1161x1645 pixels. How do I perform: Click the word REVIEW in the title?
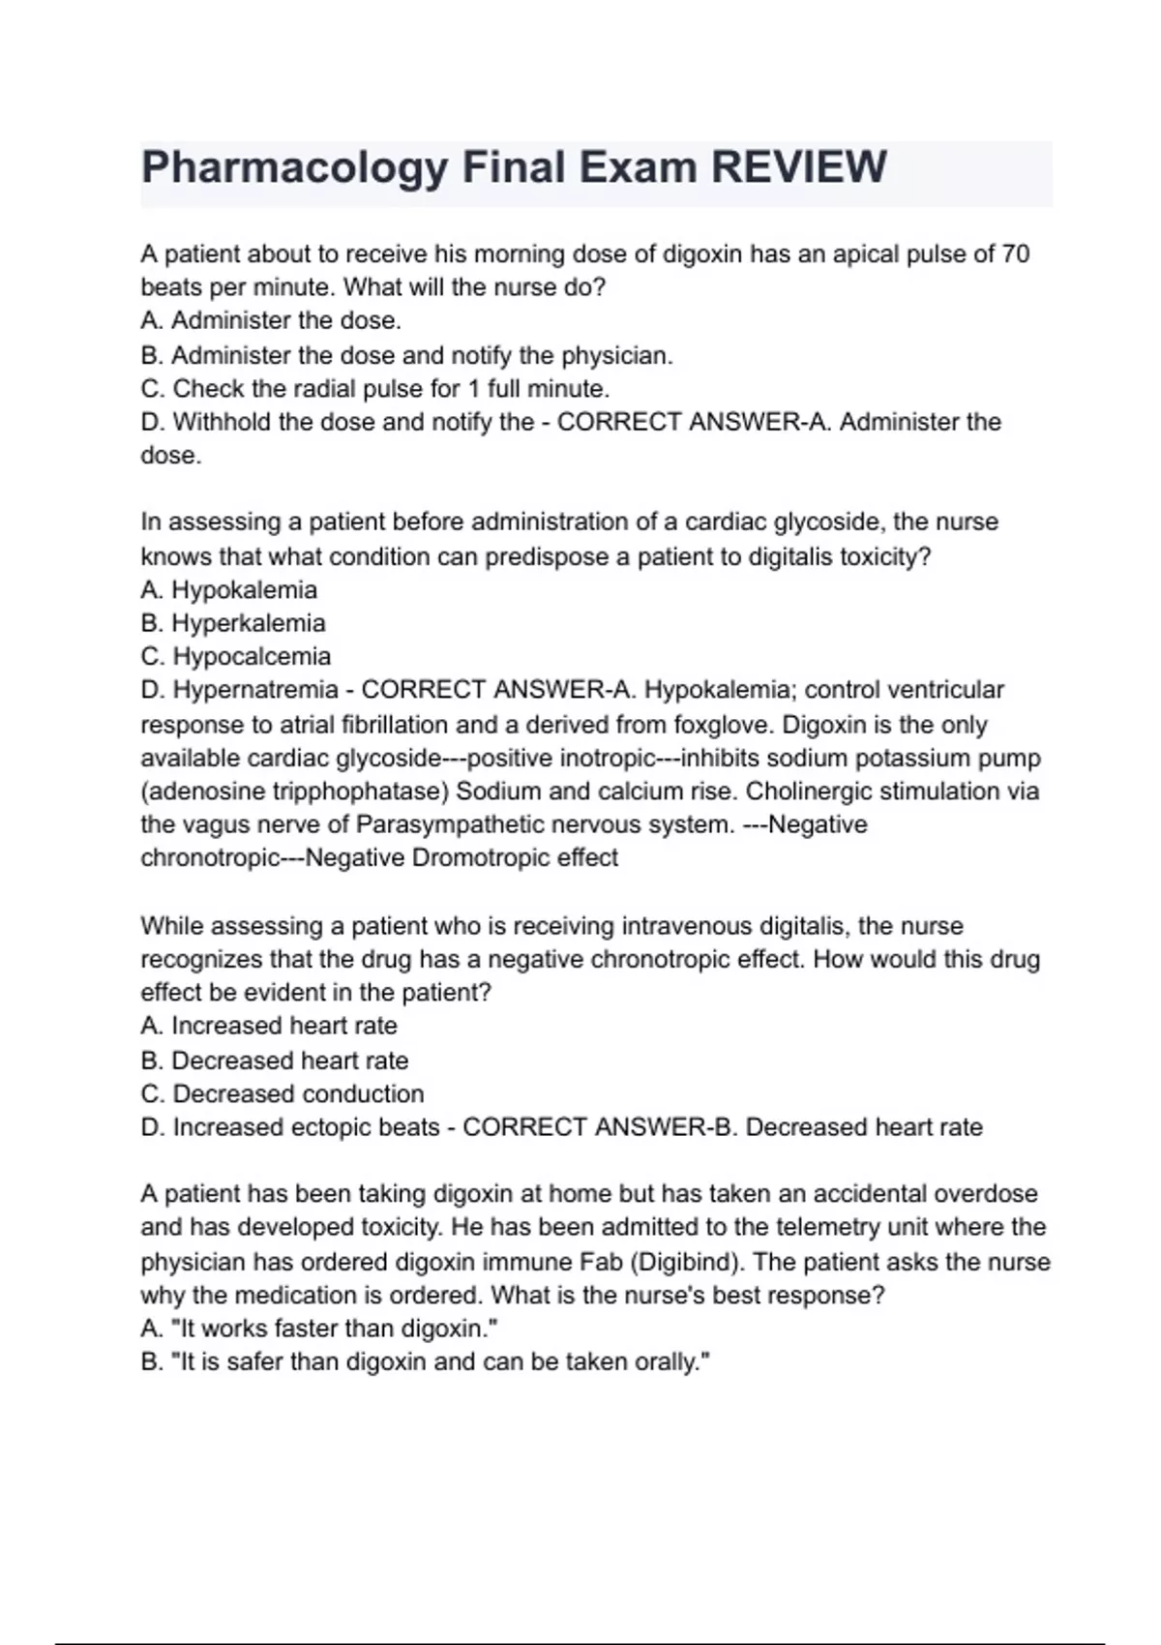coord(798,167)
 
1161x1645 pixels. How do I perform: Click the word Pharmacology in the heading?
coord(294,167)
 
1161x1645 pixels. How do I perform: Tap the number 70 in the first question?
coord(1015,254)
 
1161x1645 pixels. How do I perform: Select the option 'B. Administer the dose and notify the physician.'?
coord(406,355)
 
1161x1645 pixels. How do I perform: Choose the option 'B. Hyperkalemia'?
coord(233,623)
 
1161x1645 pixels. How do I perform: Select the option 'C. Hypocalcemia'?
coord(236,656)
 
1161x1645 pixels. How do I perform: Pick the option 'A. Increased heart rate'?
coord(269,1026)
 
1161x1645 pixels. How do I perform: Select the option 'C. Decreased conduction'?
coord(283,1093)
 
